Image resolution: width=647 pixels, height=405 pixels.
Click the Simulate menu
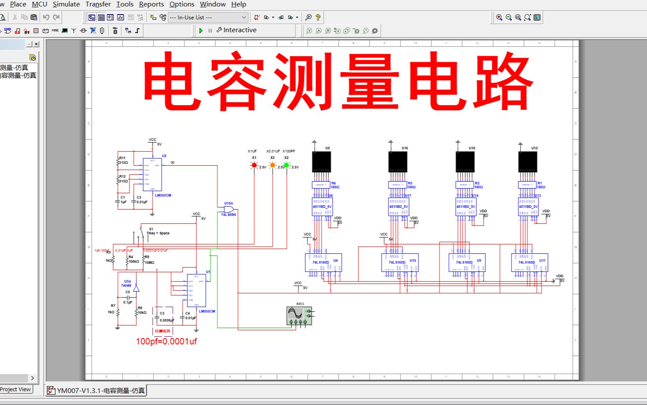(66, 4)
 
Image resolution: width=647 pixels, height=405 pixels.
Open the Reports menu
(151, 4)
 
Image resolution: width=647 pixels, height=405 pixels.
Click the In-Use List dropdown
(208, 18)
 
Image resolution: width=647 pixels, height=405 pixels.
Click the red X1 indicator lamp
(254, 165)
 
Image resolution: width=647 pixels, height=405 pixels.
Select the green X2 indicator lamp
(286, 165)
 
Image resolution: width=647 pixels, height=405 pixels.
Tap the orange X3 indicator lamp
(273, 165)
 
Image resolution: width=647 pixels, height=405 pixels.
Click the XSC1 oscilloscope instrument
(299, 316)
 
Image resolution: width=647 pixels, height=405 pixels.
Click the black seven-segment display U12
(527, 162)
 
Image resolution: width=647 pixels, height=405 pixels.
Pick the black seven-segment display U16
(397, 162)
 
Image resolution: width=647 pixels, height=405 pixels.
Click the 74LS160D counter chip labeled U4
(323, 262)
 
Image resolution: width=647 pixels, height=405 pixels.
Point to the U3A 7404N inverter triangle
(136, 288)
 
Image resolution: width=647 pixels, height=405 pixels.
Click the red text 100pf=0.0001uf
(166, 342)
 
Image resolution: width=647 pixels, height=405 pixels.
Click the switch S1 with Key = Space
(142, 232)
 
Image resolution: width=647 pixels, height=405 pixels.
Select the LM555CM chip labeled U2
(152, 174)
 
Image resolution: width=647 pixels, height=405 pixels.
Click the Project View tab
(15, 390)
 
